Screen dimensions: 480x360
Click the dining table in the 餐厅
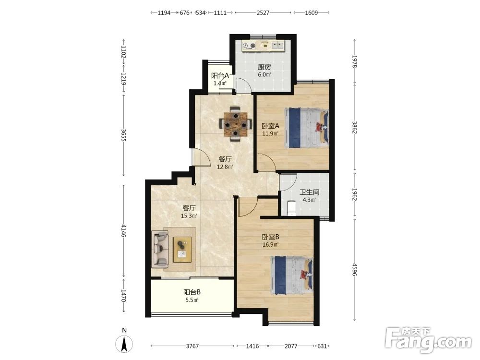[x=235, y=124]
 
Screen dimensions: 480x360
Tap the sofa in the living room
[x=160, y=248]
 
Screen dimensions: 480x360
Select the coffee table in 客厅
[x=182, y=250]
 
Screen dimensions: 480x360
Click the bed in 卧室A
[x=306, y=128]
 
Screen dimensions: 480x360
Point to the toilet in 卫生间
[x=292, y=208]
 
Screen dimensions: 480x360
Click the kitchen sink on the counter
[x=278, y=46]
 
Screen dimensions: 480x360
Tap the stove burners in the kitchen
[x=249, y=46]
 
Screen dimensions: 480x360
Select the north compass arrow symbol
[x=124, y=344]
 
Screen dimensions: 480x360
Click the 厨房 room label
[x=264, y=67]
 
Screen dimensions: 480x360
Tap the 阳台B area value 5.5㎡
[x=192, y=300]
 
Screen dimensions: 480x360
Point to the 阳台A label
[x=220, y=75]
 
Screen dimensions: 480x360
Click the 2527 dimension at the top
[x=263, y=12]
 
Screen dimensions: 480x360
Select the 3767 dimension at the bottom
[x=192, y=346]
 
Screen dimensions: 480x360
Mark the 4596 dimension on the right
[x=355, y=269]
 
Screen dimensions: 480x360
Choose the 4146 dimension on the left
[x=123, y=231]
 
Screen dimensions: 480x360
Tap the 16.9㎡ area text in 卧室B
[x=271, y=245]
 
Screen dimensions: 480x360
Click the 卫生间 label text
[x=310, y=192]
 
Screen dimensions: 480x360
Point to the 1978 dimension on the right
[x=355, y=61]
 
